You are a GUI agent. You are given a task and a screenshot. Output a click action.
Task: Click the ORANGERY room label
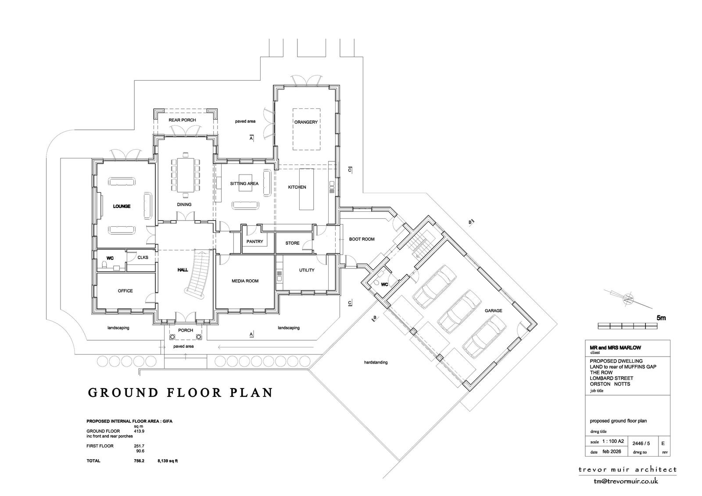pyautogui.click(x=306, y=122)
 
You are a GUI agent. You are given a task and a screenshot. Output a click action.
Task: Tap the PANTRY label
pyautogui.click(x=254, y=242)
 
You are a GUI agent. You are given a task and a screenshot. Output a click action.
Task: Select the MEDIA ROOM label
pyautogui.click(x=245, y=281)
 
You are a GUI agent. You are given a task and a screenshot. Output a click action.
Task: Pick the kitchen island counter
pyautogui.click(x=307, y=189)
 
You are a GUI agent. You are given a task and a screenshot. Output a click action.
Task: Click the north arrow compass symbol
pyautogui.click(x=628, y=298)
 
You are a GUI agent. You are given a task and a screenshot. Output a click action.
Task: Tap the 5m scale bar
pyautogui.click(x=627, y=326)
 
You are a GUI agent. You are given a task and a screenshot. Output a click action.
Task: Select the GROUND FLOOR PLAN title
pyautogui.click(x=180, y=393)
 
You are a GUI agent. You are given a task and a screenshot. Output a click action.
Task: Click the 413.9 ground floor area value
pyautogui.click(x=139, y=431)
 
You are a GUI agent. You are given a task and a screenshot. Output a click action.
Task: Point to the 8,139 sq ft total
pyautogui.click(x=168, y=461)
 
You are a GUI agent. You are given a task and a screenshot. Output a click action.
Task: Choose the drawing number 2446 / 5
pyautogui.click(x=641, y=443)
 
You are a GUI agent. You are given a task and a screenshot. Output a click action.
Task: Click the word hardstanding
pyautogui.click(x=376, y=362)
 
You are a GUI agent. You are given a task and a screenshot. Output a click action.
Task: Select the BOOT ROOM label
pyautogui.click(x=362, y=239)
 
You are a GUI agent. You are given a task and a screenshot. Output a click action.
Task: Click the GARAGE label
pyautogui.click(x=493, y=311)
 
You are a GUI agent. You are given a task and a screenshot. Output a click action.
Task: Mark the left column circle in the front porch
pyautogui.click(x=172, y=337)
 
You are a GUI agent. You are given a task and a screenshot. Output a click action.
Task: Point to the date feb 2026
pyautogui.click(x=612, y=452)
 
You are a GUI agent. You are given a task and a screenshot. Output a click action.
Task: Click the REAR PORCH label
pyautogui.click(x=182, y=120)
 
